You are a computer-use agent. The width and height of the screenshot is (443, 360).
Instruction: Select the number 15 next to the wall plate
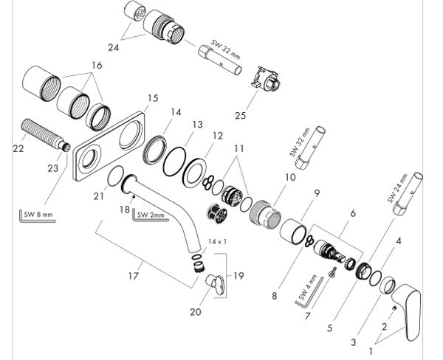point(153,97)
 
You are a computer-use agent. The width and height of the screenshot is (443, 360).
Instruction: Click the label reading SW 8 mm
point(38,215)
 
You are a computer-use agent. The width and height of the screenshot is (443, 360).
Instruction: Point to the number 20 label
point(195,312)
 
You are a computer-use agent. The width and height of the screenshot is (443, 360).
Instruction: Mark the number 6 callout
point(353,213)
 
